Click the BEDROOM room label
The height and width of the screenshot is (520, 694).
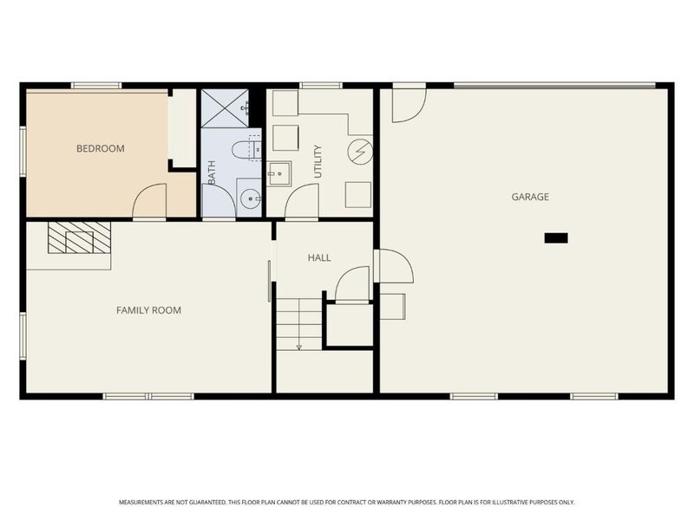pyautogui.click(x=101, y=148)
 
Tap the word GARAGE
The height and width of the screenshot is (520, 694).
pyautogui.click(x=529, y=197)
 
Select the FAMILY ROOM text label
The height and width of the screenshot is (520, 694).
pyautogui.click(x=148, y=309)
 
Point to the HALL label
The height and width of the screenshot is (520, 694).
pyautogui.click(x=319, y=257)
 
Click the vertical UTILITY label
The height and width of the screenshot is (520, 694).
pyautogui.click(x=318, y=162)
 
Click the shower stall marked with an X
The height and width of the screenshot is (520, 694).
pyautogui.click(x=225, y=108)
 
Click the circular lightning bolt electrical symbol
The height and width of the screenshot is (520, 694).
pyautogui.click(x=359, y=152)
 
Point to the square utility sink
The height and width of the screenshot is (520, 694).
pyautogui.click(x=278, y=173)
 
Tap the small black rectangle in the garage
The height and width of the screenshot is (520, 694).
pyautogui.click(x=555, y=237)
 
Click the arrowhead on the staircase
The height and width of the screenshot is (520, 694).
pyautogui.click(x=298, y=347)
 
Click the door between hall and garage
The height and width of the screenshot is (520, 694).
pyautogui.click(x=395, y=266)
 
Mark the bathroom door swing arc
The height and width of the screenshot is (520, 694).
pyautogui.click(x=219, y=201)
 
